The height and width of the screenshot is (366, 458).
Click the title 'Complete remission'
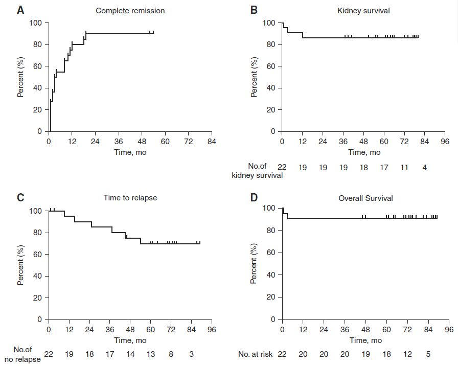130,10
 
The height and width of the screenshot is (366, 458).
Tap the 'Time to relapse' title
130,198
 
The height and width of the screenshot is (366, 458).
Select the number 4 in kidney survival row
425,167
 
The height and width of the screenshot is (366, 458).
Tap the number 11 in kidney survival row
404,167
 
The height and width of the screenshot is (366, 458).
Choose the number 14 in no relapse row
130,354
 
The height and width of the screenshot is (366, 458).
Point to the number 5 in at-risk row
428,354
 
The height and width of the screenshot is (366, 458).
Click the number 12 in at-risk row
407,354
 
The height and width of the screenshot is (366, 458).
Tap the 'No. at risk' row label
255,354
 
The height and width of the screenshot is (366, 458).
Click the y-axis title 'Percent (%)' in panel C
21,264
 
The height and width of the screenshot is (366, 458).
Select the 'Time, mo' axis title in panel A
130,152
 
